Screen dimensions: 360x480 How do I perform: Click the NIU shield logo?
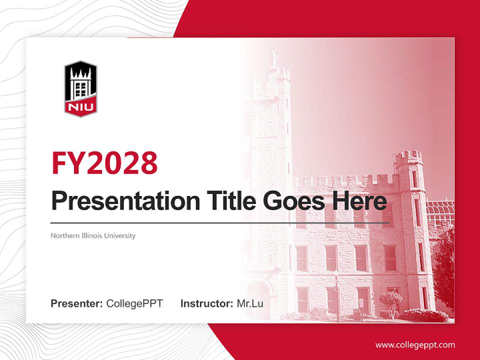[80, 89]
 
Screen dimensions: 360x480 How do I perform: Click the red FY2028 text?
[104, 162]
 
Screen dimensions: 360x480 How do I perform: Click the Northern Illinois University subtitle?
[93, 235]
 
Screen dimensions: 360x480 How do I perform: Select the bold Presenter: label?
[77, 303]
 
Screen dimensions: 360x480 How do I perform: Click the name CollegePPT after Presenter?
[134, 303]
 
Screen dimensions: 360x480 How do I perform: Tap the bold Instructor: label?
[206, 303]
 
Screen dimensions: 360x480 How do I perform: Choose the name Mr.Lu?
[249, 303]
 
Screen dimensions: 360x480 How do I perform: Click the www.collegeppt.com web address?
[415, 345]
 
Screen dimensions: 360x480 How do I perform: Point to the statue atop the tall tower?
[273, 56]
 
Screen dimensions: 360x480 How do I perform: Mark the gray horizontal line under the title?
[220, 222]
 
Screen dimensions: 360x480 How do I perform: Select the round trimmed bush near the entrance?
[390, 299]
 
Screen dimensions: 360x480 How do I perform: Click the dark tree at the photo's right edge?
[445, 270]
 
